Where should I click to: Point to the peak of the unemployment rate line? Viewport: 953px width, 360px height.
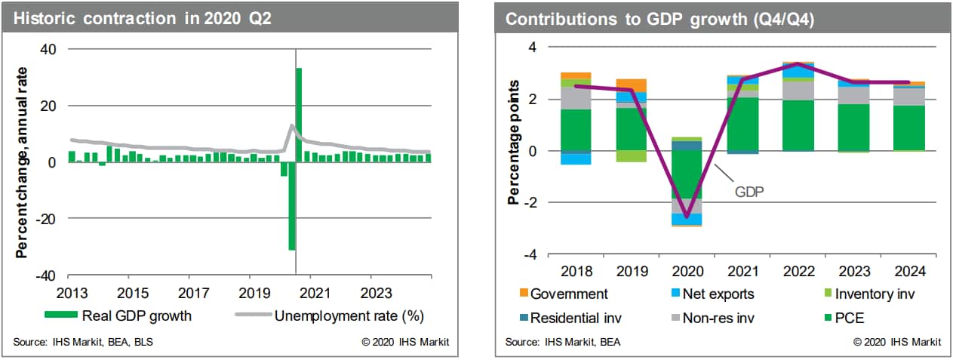[292, 125]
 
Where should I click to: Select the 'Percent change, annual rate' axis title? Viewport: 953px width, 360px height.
[23, 162]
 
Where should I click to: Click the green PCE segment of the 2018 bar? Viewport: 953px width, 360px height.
[576, 130]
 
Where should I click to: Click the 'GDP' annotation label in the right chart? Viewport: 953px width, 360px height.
[749, 192]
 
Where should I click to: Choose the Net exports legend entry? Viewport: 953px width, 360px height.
[716, 294]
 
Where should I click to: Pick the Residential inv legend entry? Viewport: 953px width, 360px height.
[578, 317]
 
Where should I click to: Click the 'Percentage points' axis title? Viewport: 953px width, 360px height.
[514, 142]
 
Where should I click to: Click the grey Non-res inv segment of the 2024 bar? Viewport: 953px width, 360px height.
[908, 97]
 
